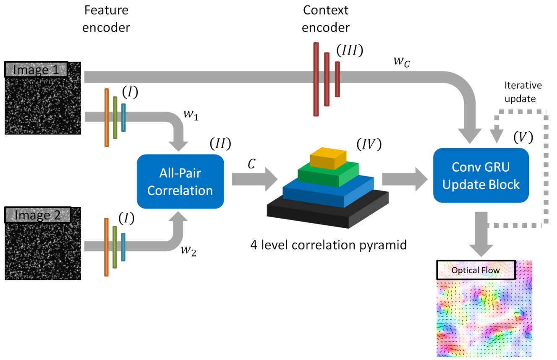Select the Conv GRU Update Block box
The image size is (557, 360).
[481, 175]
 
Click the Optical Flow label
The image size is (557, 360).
[476, 270]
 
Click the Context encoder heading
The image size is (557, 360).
[326, 18]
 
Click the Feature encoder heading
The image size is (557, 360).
[106, 18]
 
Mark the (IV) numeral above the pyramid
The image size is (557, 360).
[368, 145]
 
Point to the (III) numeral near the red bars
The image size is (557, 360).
[349, 51]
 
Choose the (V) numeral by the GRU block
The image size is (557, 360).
[523, 137]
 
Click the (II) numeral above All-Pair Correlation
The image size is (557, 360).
[220, 144]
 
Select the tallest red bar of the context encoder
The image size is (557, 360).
[316, 79]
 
